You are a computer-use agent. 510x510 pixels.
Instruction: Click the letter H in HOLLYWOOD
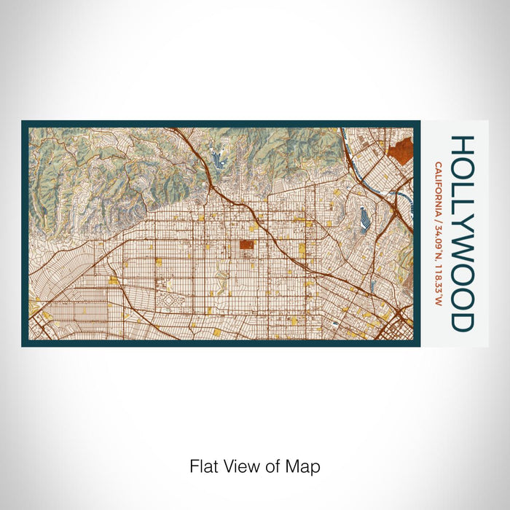coord(463,144)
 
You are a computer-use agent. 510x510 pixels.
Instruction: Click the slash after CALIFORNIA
coord(437,219)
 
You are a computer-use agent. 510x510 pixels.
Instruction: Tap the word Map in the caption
coord(306,466)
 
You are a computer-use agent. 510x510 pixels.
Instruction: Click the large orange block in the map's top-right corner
coord(400,150)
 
